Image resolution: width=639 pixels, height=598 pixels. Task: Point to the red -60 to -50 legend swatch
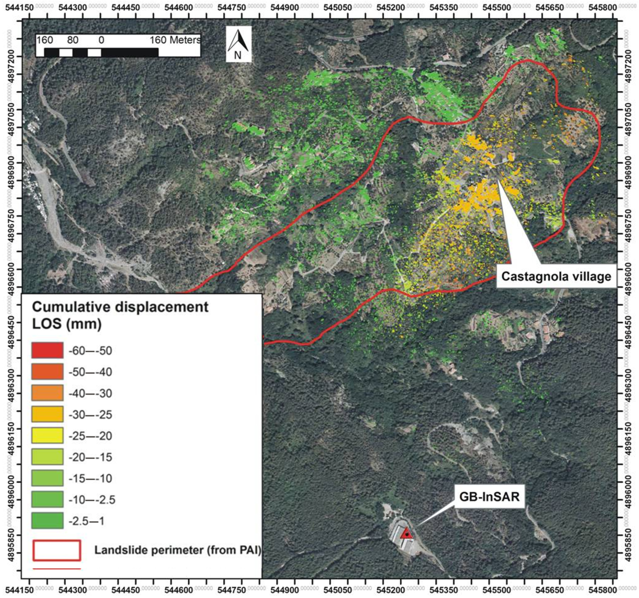[x=47, y=350]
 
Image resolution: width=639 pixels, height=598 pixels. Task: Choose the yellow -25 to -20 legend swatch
[x=47, y=435]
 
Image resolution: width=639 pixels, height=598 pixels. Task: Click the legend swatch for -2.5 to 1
[x=47, y=521]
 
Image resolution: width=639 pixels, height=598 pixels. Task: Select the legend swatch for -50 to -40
[x=47, y=372]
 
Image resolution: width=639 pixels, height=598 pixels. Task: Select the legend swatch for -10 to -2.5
[x=47, y=499]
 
